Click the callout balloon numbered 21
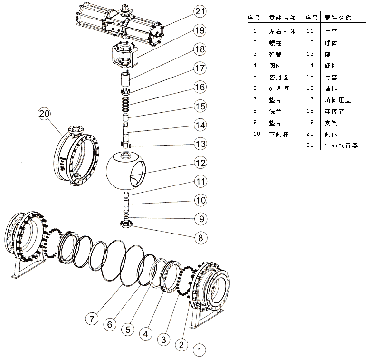pyautogui.click(x=201, y=11)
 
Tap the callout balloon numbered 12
pyautogui.click(x=201, y=163)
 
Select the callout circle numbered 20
pyautogui.click(x=44, y=114)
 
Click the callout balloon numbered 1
pyautogui.click(x=200, y=350)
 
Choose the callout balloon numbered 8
pyautogui.click(x=201, y=236)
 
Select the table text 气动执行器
pyautogui.click(x=341, y=146)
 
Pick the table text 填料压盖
pyautogui.click(x=337, y=100)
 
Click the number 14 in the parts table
pyautogui.click(x=311, y=66)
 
